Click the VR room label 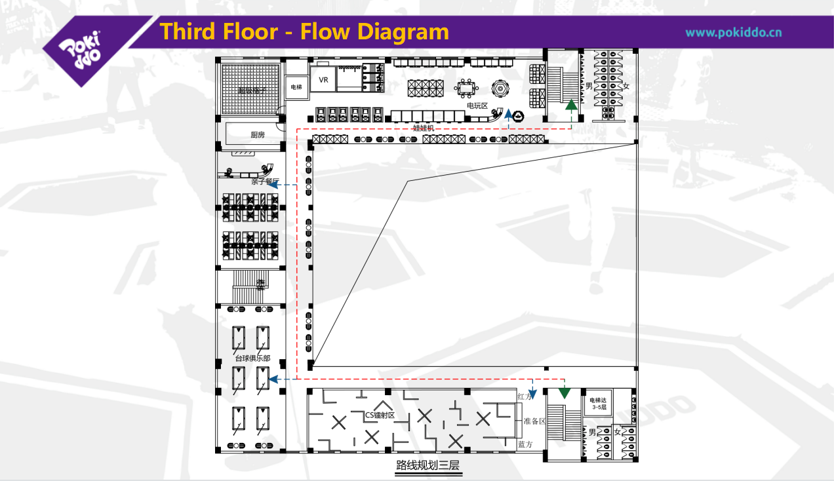[x=323, y=80]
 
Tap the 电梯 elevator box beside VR [x=296, y=87]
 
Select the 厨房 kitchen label [x=258, y=135]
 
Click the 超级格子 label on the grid [x=252, y=90]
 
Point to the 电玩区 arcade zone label [x=477, y=106]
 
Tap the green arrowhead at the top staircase [x=571, y=104]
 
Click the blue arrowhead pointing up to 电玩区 [x=508, y=114]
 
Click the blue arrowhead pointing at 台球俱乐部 [x=274, y=379]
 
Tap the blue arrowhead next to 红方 [x=534, y=394]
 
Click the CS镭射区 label [x=380, y=415]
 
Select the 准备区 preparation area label [x=530, y=421]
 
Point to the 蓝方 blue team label [x=525, y=444]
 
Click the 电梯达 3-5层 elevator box [x=599, y=403]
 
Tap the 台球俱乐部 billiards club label [x=252, y=358]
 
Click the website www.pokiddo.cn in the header [x=733, y=32]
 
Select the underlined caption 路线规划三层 [x=427, y=467]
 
